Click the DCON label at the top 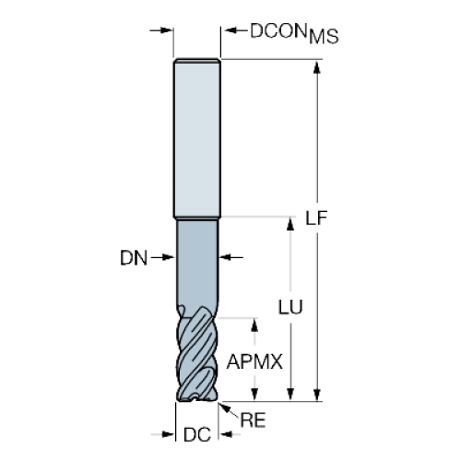coord(279,30)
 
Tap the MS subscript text coord(324,36)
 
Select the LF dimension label coord(316,218)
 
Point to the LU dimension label coord(290,307)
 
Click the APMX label coord(254,361)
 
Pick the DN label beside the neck coord(134,257)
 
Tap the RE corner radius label coord(253,420)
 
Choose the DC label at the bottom coord(197,434)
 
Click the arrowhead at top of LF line coord(317,67)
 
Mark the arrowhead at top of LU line coord(290,223)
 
